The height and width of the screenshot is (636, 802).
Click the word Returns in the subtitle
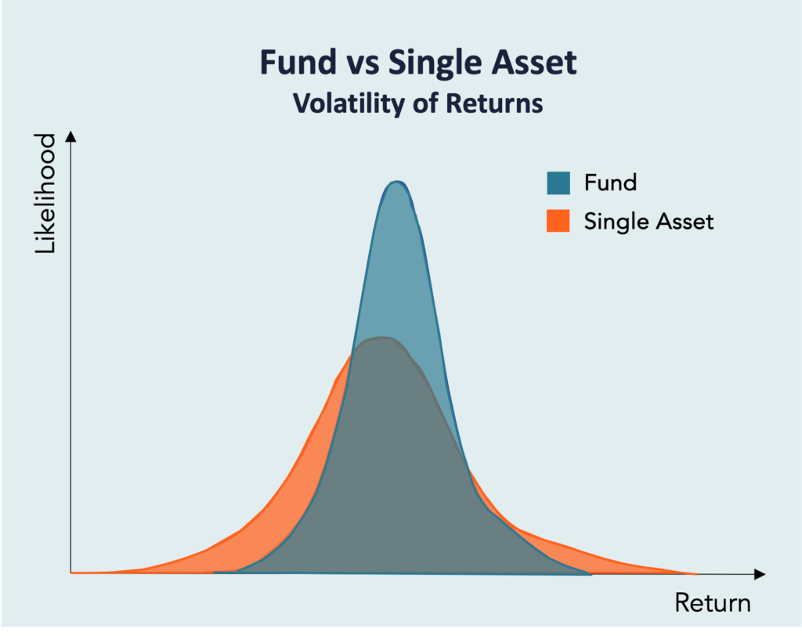(494, 104)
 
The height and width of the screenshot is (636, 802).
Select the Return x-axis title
(713, 603)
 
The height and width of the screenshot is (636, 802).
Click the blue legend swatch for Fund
(558, 182)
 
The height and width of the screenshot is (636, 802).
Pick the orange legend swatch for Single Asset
(558, 221)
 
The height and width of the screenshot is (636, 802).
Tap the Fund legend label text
(610, 182)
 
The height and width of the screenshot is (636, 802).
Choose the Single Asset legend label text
(648, 222)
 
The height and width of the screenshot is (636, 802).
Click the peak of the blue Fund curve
(396, 182)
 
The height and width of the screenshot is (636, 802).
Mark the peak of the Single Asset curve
(381, 338)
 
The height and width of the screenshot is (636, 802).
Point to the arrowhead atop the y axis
(71, 136)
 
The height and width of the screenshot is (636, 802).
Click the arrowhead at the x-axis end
(760, 574)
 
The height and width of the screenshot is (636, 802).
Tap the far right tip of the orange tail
(696, 574)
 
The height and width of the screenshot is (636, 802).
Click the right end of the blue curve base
(591, 575)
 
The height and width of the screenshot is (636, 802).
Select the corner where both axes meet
(71, 573)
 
